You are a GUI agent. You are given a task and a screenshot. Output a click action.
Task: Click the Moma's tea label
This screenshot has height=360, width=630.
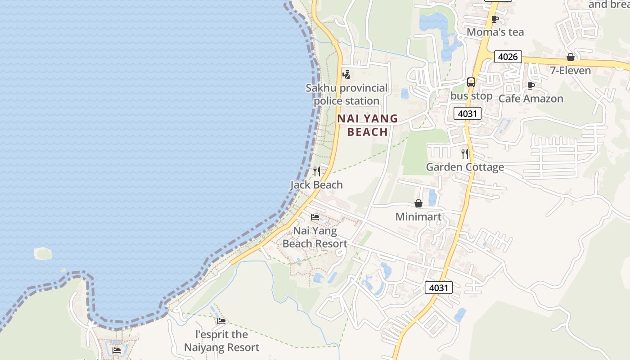495,32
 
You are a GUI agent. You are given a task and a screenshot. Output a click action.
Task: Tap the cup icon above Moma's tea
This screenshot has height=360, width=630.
495,19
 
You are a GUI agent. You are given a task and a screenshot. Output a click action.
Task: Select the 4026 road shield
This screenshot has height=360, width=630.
508,57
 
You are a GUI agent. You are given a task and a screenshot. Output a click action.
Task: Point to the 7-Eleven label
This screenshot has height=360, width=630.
570,71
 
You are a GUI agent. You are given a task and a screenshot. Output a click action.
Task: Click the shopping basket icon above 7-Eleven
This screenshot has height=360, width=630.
571,57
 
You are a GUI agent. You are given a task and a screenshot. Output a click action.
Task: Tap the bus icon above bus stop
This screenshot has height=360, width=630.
471,82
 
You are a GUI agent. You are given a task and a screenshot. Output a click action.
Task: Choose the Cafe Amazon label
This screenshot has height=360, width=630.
531,99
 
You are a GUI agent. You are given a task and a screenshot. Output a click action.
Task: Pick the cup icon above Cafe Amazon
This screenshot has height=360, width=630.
531,85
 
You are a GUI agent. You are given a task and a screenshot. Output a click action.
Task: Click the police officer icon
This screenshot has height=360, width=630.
346,74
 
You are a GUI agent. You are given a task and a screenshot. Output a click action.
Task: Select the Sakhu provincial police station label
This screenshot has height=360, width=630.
346,94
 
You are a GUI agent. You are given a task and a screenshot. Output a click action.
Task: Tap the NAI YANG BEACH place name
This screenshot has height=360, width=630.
368,125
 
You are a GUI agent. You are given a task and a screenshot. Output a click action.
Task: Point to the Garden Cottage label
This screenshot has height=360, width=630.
465,167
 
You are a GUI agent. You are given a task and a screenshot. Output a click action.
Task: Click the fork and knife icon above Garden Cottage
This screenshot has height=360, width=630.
465,154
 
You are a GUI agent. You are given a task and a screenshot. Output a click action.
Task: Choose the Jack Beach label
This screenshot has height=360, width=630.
316,184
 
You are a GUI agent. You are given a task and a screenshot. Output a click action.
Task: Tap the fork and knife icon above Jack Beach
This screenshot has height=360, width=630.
317,171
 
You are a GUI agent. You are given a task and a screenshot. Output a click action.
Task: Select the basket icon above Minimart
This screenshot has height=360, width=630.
418,203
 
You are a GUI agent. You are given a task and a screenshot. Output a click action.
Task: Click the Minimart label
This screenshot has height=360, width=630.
418,216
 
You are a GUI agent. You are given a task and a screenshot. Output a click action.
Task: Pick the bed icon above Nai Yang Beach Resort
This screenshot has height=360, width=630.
315,217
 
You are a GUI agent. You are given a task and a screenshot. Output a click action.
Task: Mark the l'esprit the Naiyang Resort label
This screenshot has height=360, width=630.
221,341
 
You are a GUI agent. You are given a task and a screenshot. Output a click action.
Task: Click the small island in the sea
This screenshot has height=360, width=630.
43,253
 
